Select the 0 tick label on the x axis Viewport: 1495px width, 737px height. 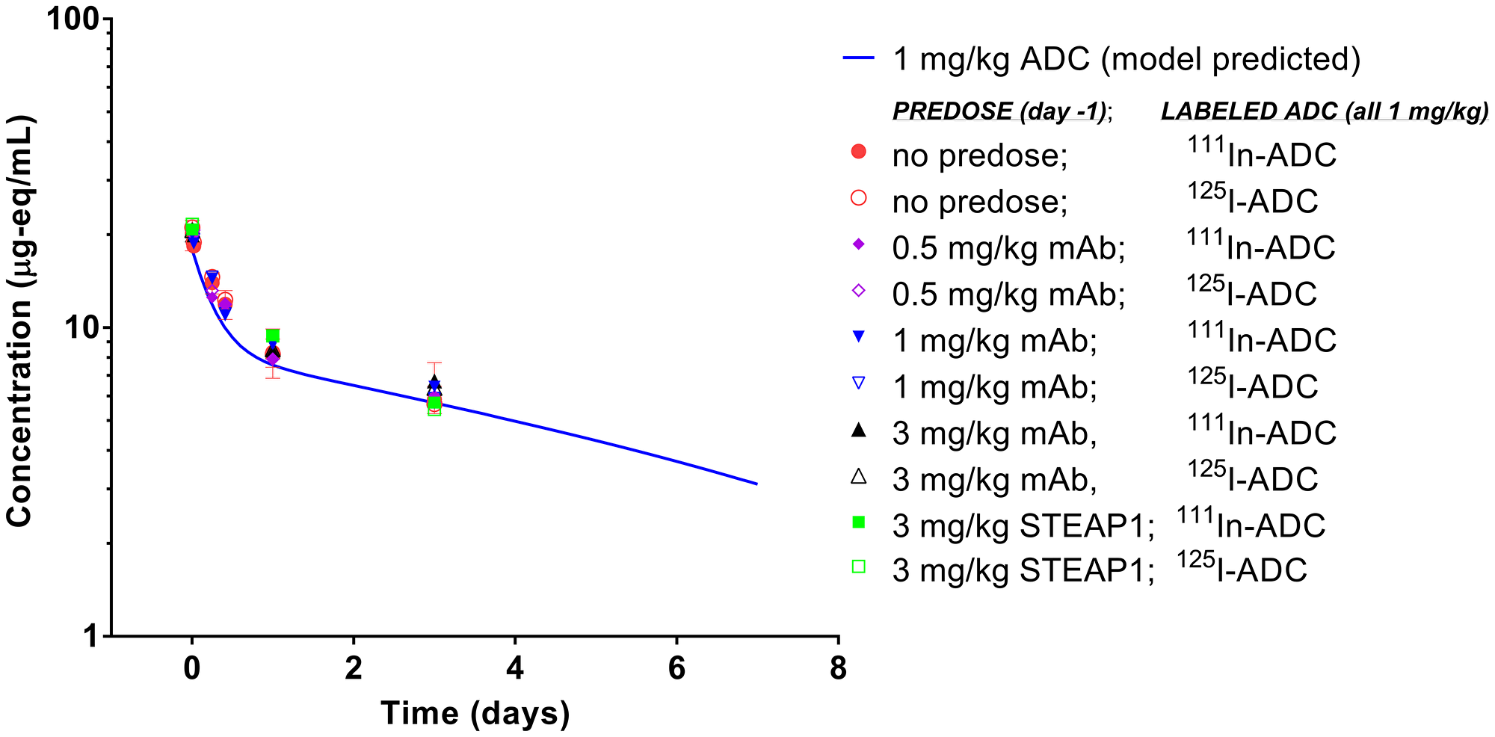point(192,668)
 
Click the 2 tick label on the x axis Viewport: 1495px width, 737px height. point(354,668)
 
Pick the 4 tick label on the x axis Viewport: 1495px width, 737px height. point(515,668)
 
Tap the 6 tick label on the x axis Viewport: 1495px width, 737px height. point(676,668)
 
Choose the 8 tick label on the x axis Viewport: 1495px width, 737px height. point(838,668)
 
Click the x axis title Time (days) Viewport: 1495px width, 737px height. point(475,713)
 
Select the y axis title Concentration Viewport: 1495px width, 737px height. point(20,321)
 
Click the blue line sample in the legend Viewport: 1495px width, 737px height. point(859,59)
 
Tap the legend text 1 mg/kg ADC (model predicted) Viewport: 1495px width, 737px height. point(1126,59)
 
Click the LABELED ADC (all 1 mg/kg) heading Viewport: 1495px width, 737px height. point(1324,111)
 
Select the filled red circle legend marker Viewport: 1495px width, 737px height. point(859,152)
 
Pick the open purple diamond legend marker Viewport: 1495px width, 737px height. point(859,291)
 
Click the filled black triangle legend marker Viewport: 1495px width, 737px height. point(859,430)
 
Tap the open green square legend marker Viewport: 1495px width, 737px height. point(859,567)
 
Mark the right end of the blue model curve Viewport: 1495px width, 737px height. point(756,484)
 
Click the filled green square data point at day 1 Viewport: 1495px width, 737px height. point(273,335)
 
